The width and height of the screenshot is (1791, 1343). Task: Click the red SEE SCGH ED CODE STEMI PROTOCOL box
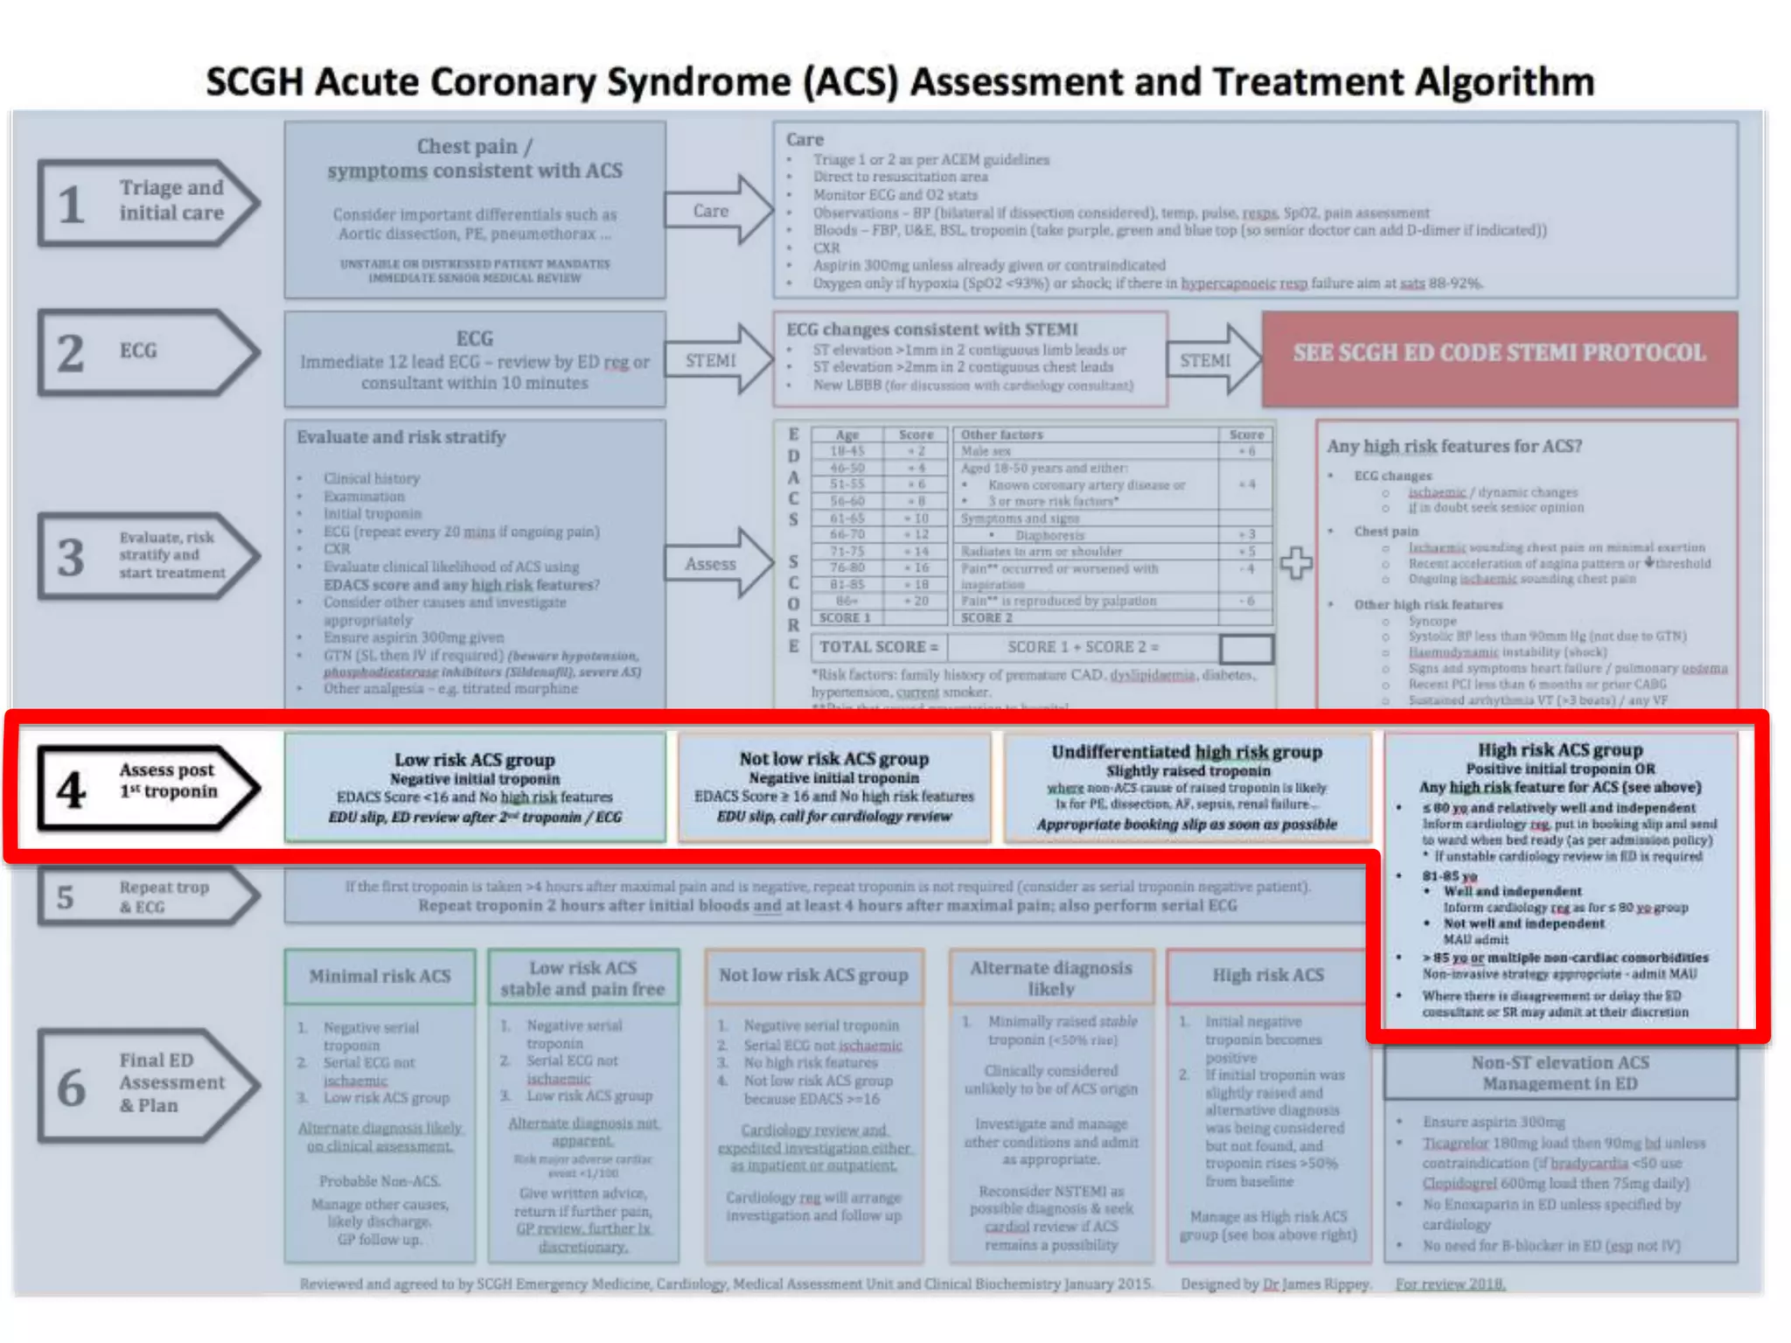[x=1499, y=354]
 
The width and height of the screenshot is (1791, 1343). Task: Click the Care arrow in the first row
[x=717, y=211]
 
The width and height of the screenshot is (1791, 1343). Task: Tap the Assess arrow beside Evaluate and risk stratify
[x=717, y=564]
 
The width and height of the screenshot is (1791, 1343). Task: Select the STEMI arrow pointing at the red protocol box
[x=1211, y=360]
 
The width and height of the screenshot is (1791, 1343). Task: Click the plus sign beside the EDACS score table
[x=1295, y=563]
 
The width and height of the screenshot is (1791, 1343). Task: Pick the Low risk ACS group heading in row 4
[x=474, y=760]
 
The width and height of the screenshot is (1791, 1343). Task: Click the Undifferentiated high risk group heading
[x=1187, y=752]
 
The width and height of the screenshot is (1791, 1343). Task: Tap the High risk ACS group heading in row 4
[x=1560, y=750]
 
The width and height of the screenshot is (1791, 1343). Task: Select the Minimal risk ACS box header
[x=380, y=976]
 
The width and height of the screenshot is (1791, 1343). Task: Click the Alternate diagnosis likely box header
[x=1050, y=978]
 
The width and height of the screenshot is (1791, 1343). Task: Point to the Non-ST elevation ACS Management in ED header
[x=1560, y=1073]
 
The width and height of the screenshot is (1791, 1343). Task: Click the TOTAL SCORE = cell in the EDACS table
[x=878, y=647]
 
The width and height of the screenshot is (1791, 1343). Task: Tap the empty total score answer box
[x=1246, y=648]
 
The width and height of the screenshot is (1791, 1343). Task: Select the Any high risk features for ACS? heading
[x=1454, y=446]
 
